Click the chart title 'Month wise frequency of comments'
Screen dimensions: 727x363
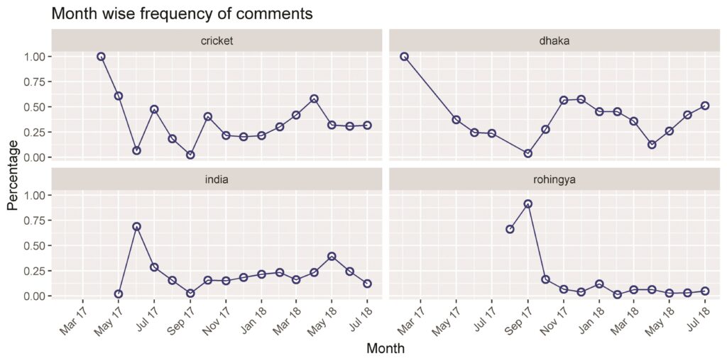[x=182, y=14]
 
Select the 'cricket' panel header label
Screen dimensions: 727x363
[x=217, y=40]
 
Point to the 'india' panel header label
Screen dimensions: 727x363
[x=217, y=179]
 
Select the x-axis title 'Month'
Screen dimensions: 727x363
[x=386, y=347]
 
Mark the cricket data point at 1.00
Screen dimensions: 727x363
[x=101, y=57]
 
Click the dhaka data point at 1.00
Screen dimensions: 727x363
[x=404, y=57]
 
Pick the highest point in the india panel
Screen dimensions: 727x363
[x=136, y=227]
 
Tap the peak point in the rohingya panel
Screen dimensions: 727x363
[x=528, y=203]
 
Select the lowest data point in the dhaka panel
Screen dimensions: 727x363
[x=528, y=153]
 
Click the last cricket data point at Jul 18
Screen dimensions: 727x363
[x=367, y=125]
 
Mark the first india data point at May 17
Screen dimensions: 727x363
[x=119, y=294]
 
